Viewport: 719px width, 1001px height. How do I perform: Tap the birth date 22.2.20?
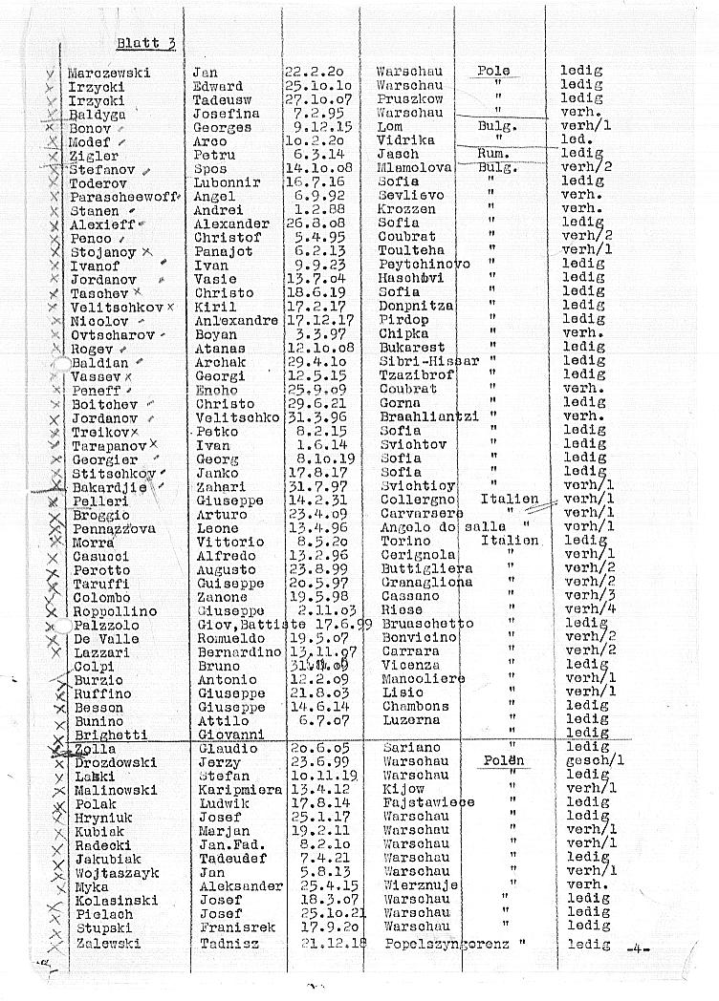point(314,73)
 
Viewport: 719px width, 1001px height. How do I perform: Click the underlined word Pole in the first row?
point(493,72)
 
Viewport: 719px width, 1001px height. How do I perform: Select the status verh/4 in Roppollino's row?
point(584,610)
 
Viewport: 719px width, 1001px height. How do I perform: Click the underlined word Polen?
point(501,761)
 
